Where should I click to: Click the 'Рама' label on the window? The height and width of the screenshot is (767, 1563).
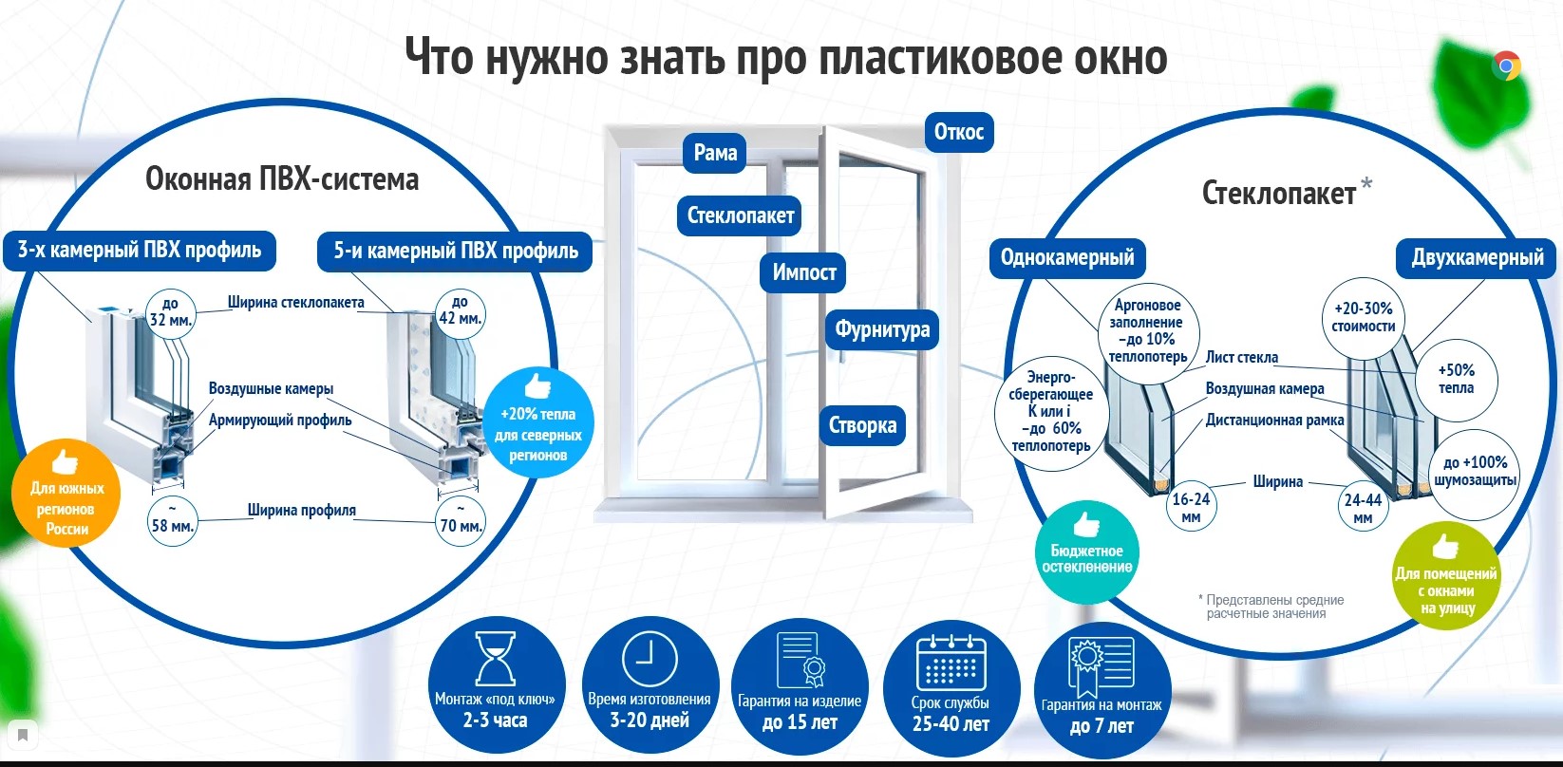pos(715,153)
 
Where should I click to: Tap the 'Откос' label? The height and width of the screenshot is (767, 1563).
pos(958,132)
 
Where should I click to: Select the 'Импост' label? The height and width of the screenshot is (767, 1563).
pos(803,272)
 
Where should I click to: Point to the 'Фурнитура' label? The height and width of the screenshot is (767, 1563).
pos(882,329)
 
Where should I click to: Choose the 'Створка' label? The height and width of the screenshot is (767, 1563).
pos(862,424)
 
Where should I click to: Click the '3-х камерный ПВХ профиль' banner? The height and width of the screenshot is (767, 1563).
pos(140,250)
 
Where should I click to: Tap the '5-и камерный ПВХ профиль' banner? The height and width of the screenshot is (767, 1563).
pos(456,251)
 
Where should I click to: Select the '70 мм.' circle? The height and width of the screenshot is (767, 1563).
pos(461,519)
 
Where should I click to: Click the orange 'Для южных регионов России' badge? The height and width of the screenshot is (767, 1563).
pos(66,495)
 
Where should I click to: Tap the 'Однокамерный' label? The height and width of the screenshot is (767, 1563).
pos(1067,257)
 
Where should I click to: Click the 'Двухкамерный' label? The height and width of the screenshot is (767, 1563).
pos(1478,257)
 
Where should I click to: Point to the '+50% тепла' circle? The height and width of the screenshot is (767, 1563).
pos(1456,379)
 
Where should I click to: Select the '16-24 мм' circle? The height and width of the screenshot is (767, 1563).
pos(1191,508)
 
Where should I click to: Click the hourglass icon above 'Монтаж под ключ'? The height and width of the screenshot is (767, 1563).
pos(495,658)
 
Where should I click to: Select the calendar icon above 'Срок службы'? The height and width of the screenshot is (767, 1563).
pos(951,662)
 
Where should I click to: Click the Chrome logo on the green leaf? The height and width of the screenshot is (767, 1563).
pos(1506,65)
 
